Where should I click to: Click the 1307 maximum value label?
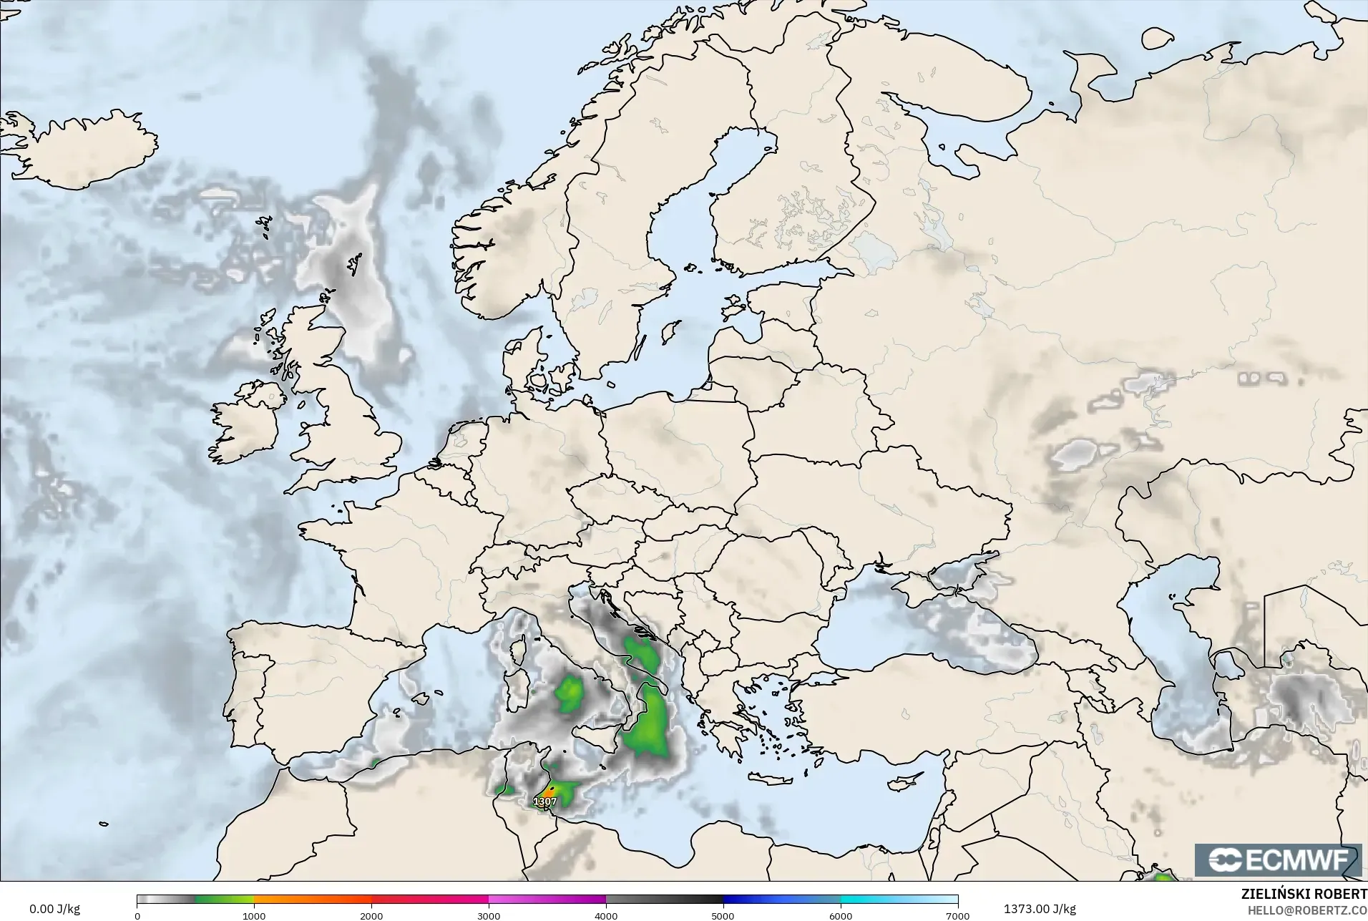point(545,801)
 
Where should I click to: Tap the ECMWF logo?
point(1278,859)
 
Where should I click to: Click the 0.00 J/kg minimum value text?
point(54,909)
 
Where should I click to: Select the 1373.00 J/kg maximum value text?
point(1040,909)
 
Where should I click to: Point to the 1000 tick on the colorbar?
point(254,915)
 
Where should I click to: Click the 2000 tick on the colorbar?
point(371,915)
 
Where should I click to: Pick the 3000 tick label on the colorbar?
point(489,915)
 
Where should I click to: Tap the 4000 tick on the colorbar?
point(606,915)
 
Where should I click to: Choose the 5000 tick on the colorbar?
point(723,915)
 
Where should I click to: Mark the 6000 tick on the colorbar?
point(841,915)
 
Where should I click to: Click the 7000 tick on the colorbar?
point(957,915)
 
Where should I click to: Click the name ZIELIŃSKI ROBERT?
point(1304,895)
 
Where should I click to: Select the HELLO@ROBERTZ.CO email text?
point(1307,910)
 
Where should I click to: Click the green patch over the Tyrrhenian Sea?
point(570,693)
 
